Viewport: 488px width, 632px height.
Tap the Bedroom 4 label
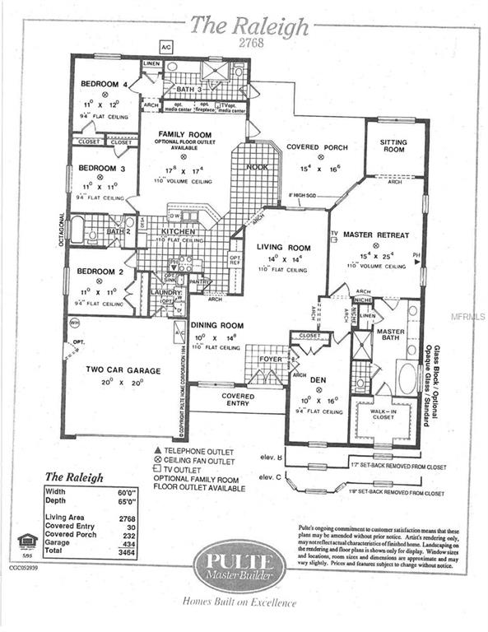point(103,84)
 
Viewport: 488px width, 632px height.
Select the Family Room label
point(184,133)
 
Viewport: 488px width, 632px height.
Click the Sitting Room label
point(393,146)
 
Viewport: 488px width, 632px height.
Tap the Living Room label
point(282,247)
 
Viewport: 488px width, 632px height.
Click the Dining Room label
point(216,326)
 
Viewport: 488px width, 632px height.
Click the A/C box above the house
point(165,46)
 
